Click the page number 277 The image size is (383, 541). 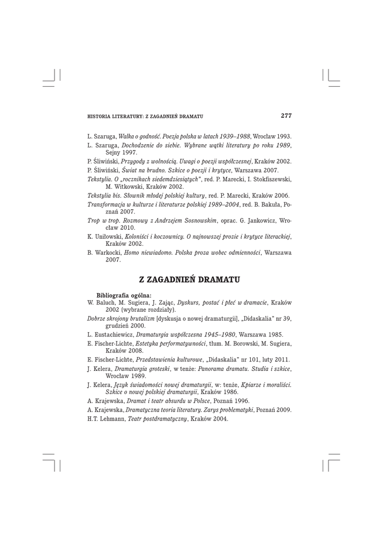point(286,115)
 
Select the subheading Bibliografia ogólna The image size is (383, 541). point(124,294)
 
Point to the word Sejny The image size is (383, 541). point(114,152)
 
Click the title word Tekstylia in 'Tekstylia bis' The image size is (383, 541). point(100,195)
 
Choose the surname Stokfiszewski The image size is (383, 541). point(270,179)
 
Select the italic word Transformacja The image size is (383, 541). point(108,203)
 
